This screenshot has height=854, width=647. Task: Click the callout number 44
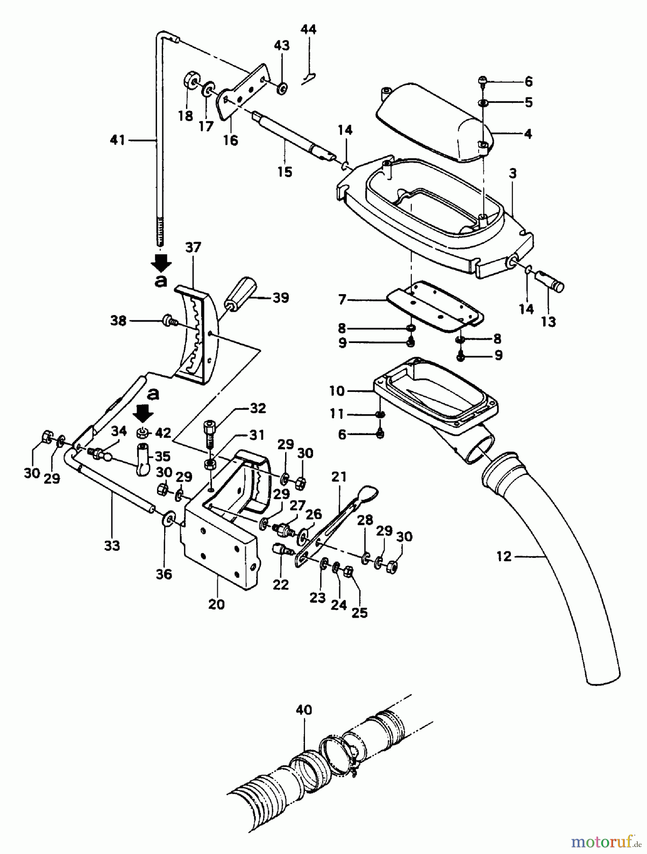pos(308,29)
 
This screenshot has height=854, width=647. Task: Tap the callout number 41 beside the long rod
pos(117,140)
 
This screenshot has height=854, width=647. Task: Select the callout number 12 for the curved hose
pos(504,556)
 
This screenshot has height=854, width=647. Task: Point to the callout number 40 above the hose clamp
pos(304,710)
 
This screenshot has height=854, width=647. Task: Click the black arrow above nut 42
pos(143,414)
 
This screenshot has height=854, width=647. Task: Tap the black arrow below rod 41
pos(161,262)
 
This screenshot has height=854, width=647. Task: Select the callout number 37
pos(193,247)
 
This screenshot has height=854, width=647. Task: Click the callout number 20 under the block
pos(216,604)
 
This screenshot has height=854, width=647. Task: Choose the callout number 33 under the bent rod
pos(112,546)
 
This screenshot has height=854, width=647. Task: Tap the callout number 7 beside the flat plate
pos(342,300)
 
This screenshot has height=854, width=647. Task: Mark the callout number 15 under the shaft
pos(285,172)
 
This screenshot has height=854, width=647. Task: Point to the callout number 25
pos(360,613)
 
